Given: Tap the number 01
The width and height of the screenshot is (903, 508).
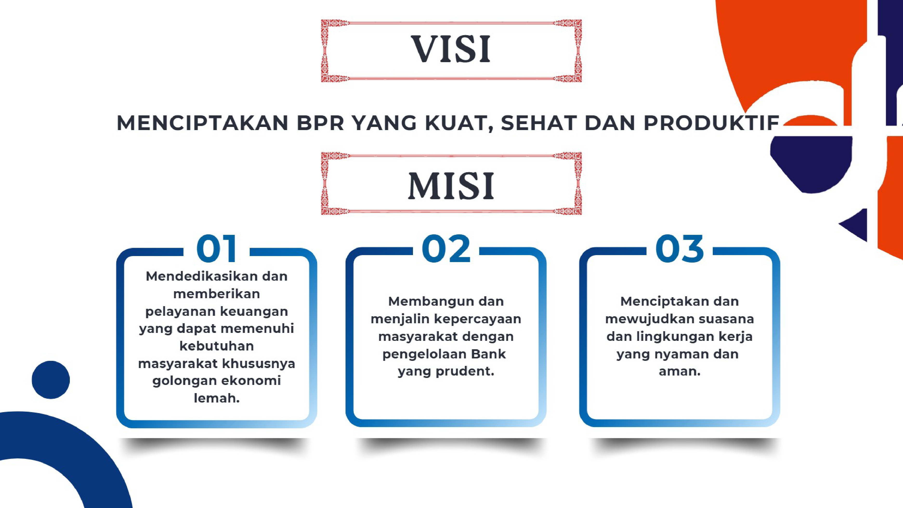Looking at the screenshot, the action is pos(217,249).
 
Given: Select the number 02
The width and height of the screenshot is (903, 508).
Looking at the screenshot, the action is pos(446,249).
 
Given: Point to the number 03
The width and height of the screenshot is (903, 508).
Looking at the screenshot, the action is pos(679,249).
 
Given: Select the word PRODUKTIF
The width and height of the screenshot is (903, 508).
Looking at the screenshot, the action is pos(711,123).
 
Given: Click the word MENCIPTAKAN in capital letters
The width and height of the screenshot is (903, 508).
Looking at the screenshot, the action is pos(203,123).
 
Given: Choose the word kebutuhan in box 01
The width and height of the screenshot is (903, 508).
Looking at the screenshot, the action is pos(217,346).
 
